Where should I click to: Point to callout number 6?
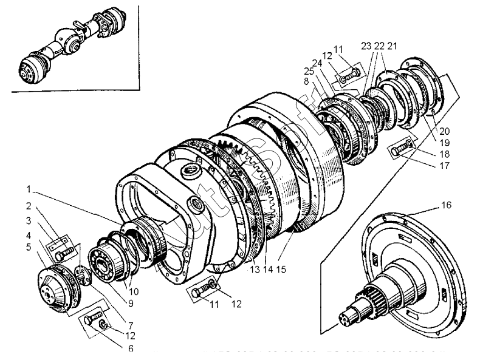click(x=131, y=348)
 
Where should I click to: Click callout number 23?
click(x=365, y=46)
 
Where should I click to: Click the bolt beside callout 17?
click(x=401, y=149)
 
